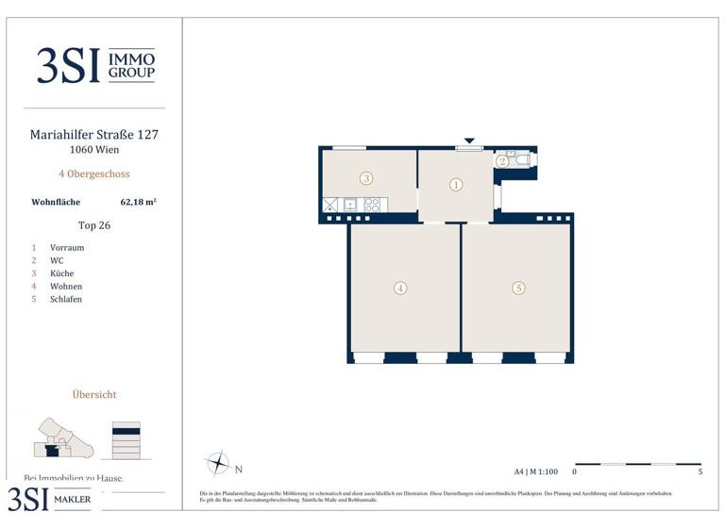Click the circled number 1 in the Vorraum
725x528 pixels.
[456, 185]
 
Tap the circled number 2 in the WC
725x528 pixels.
[502, 161]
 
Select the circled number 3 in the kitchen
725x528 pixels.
[366, 178]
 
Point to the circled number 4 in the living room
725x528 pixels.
[400, 289]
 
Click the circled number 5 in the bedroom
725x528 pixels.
[518, 289]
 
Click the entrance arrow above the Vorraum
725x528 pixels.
[468, 141]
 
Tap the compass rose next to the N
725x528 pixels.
[218, 464]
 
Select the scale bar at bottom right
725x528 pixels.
[637, 464]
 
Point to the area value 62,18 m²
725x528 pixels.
[139, 202]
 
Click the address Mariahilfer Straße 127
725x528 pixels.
[94, 135]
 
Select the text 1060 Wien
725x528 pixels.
[94, 150]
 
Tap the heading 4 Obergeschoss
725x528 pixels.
[94, 174]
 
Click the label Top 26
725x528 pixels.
[94, 225]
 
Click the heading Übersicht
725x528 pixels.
[94, 395]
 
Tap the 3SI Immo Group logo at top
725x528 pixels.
[94, 65]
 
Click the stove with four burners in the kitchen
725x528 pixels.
[372, 205]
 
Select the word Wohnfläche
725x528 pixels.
[56, 202]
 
